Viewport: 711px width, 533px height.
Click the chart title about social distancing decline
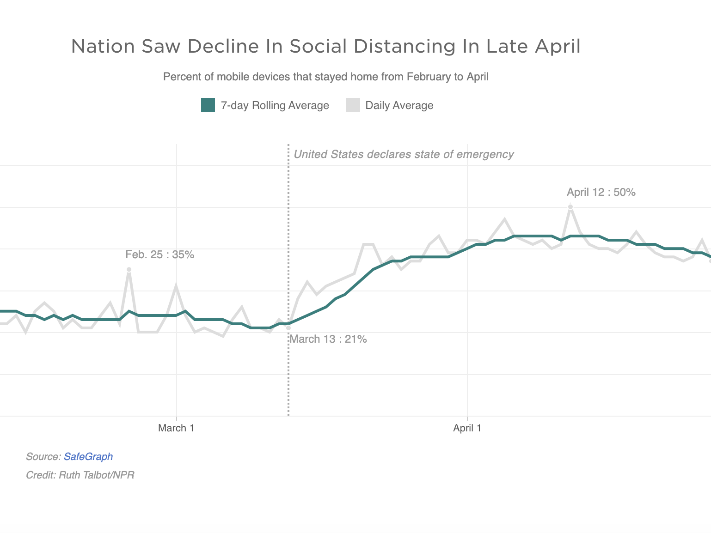click(325, 47)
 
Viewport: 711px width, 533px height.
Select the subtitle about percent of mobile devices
click(325, 77)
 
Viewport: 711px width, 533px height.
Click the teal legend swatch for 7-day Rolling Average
click(208, 105)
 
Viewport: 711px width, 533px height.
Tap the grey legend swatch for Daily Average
click(353, 105)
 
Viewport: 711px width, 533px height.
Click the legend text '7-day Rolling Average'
click(275, 105)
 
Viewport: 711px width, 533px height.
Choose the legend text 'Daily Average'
click(399, 105)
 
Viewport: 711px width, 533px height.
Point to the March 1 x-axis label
click(176, 428)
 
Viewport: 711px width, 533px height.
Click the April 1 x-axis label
click(467, 428)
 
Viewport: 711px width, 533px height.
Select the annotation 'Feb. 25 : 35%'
click(159, 254)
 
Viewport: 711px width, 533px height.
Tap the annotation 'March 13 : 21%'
click(328, 339)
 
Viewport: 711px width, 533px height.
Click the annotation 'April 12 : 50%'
click(601, 192)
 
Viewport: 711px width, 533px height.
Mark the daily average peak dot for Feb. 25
click(129, 270)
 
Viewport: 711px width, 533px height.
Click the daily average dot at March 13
click(288, 328)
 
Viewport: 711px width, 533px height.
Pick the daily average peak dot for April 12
click(570, 207)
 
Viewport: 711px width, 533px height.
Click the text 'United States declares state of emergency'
click(404, 154)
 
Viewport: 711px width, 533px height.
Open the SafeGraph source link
click(88, 457)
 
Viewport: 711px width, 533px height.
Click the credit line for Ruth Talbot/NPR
click(80, 475)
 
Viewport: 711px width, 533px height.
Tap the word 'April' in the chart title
click(558, 47)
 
